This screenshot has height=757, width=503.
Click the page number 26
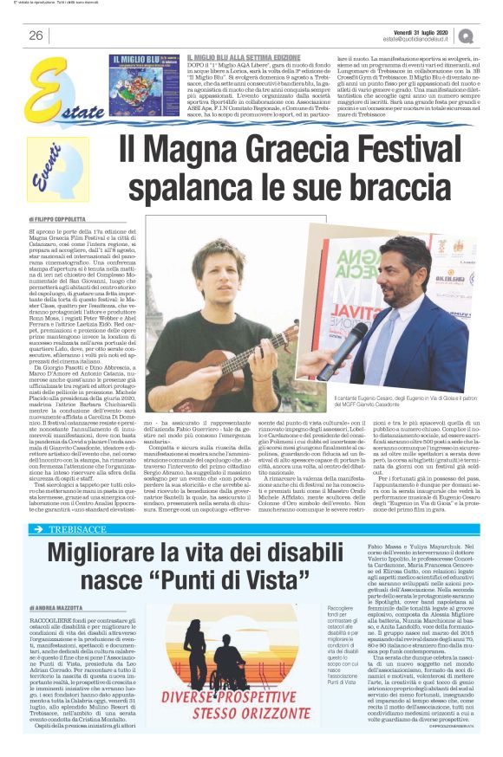(x=36, y=36)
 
